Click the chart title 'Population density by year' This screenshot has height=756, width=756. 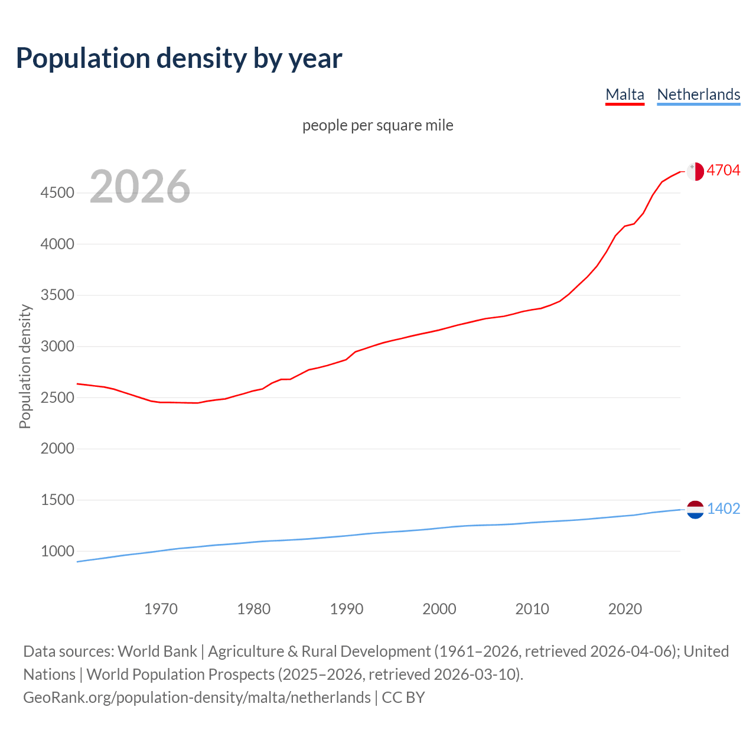pyautogui.click(x=179, y=58)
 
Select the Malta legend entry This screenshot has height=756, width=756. pyautogui.click(x=624, y=94)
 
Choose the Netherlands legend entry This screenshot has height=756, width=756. pyautogui.click(x=698, y=94)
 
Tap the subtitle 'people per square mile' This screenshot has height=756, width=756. pyautogui.click(x=377, y=126)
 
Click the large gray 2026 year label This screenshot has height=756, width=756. pyautogui.click(x=140, y=187)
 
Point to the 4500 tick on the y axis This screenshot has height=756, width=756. pyautogui.click(x=57, y=193)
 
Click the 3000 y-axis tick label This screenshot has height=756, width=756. pyautogui.click(x=57, y=347)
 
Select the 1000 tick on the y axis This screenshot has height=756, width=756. pyautogui.click(x=57, y=552)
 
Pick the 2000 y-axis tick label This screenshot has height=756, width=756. pyautogui.click(x=57, y=449)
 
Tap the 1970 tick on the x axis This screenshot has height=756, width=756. pyautogui.click(x=161, y=609)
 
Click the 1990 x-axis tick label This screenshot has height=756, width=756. pyautogui.click(x=347, y=609)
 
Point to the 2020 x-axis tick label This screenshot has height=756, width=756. pyautogui.click(x=625, y=609)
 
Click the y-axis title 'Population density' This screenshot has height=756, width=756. pyautogui.click(x=25, y=366)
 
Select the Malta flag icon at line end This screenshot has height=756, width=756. pyautogui.click(x=695, y=171)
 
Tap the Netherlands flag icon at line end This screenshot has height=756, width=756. pyautogui.click(x=695, y=509)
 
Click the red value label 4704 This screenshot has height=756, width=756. pyautogui.click(x=723, y=171)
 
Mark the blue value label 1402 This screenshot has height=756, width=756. pyautogui.click(x=723, y=509)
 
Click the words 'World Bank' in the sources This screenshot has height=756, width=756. pyautogui.click(x=157, y=651)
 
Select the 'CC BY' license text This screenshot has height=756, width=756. pyautogui.click(x=403, y=698)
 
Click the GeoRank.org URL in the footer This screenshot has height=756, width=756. pyautogui.click(x=197, y=698)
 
